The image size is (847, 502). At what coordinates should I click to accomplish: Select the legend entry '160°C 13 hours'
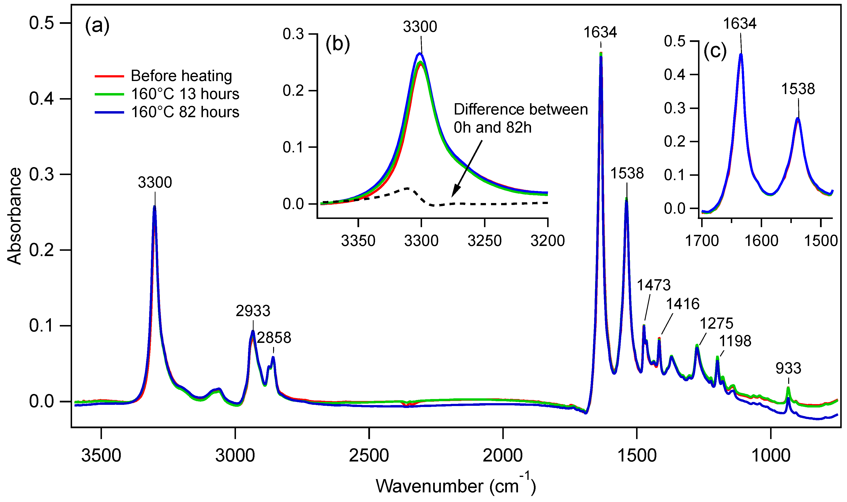185,94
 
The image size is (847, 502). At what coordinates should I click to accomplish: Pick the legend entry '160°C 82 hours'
185,112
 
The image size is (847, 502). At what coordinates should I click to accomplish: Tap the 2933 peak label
253,311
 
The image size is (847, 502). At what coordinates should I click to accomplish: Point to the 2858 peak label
274,338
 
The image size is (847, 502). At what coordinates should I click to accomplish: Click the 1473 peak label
654,285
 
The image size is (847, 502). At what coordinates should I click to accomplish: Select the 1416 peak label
683,304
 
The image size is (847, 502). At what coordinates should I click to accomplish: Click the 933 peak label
788,368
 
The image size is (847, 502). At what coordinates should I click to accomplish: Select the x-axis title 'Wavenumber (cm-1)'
456,486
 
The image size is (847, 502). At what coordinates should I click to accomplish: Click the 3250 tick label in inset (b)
484,241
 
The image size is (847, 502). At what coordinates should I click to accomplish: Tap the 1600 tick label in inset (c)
761,241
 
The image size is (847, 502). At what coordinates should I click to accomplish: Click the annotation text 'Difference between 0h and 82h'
521,118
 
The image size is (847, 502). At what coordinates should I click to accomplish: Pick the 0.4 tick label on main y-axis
41,99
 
